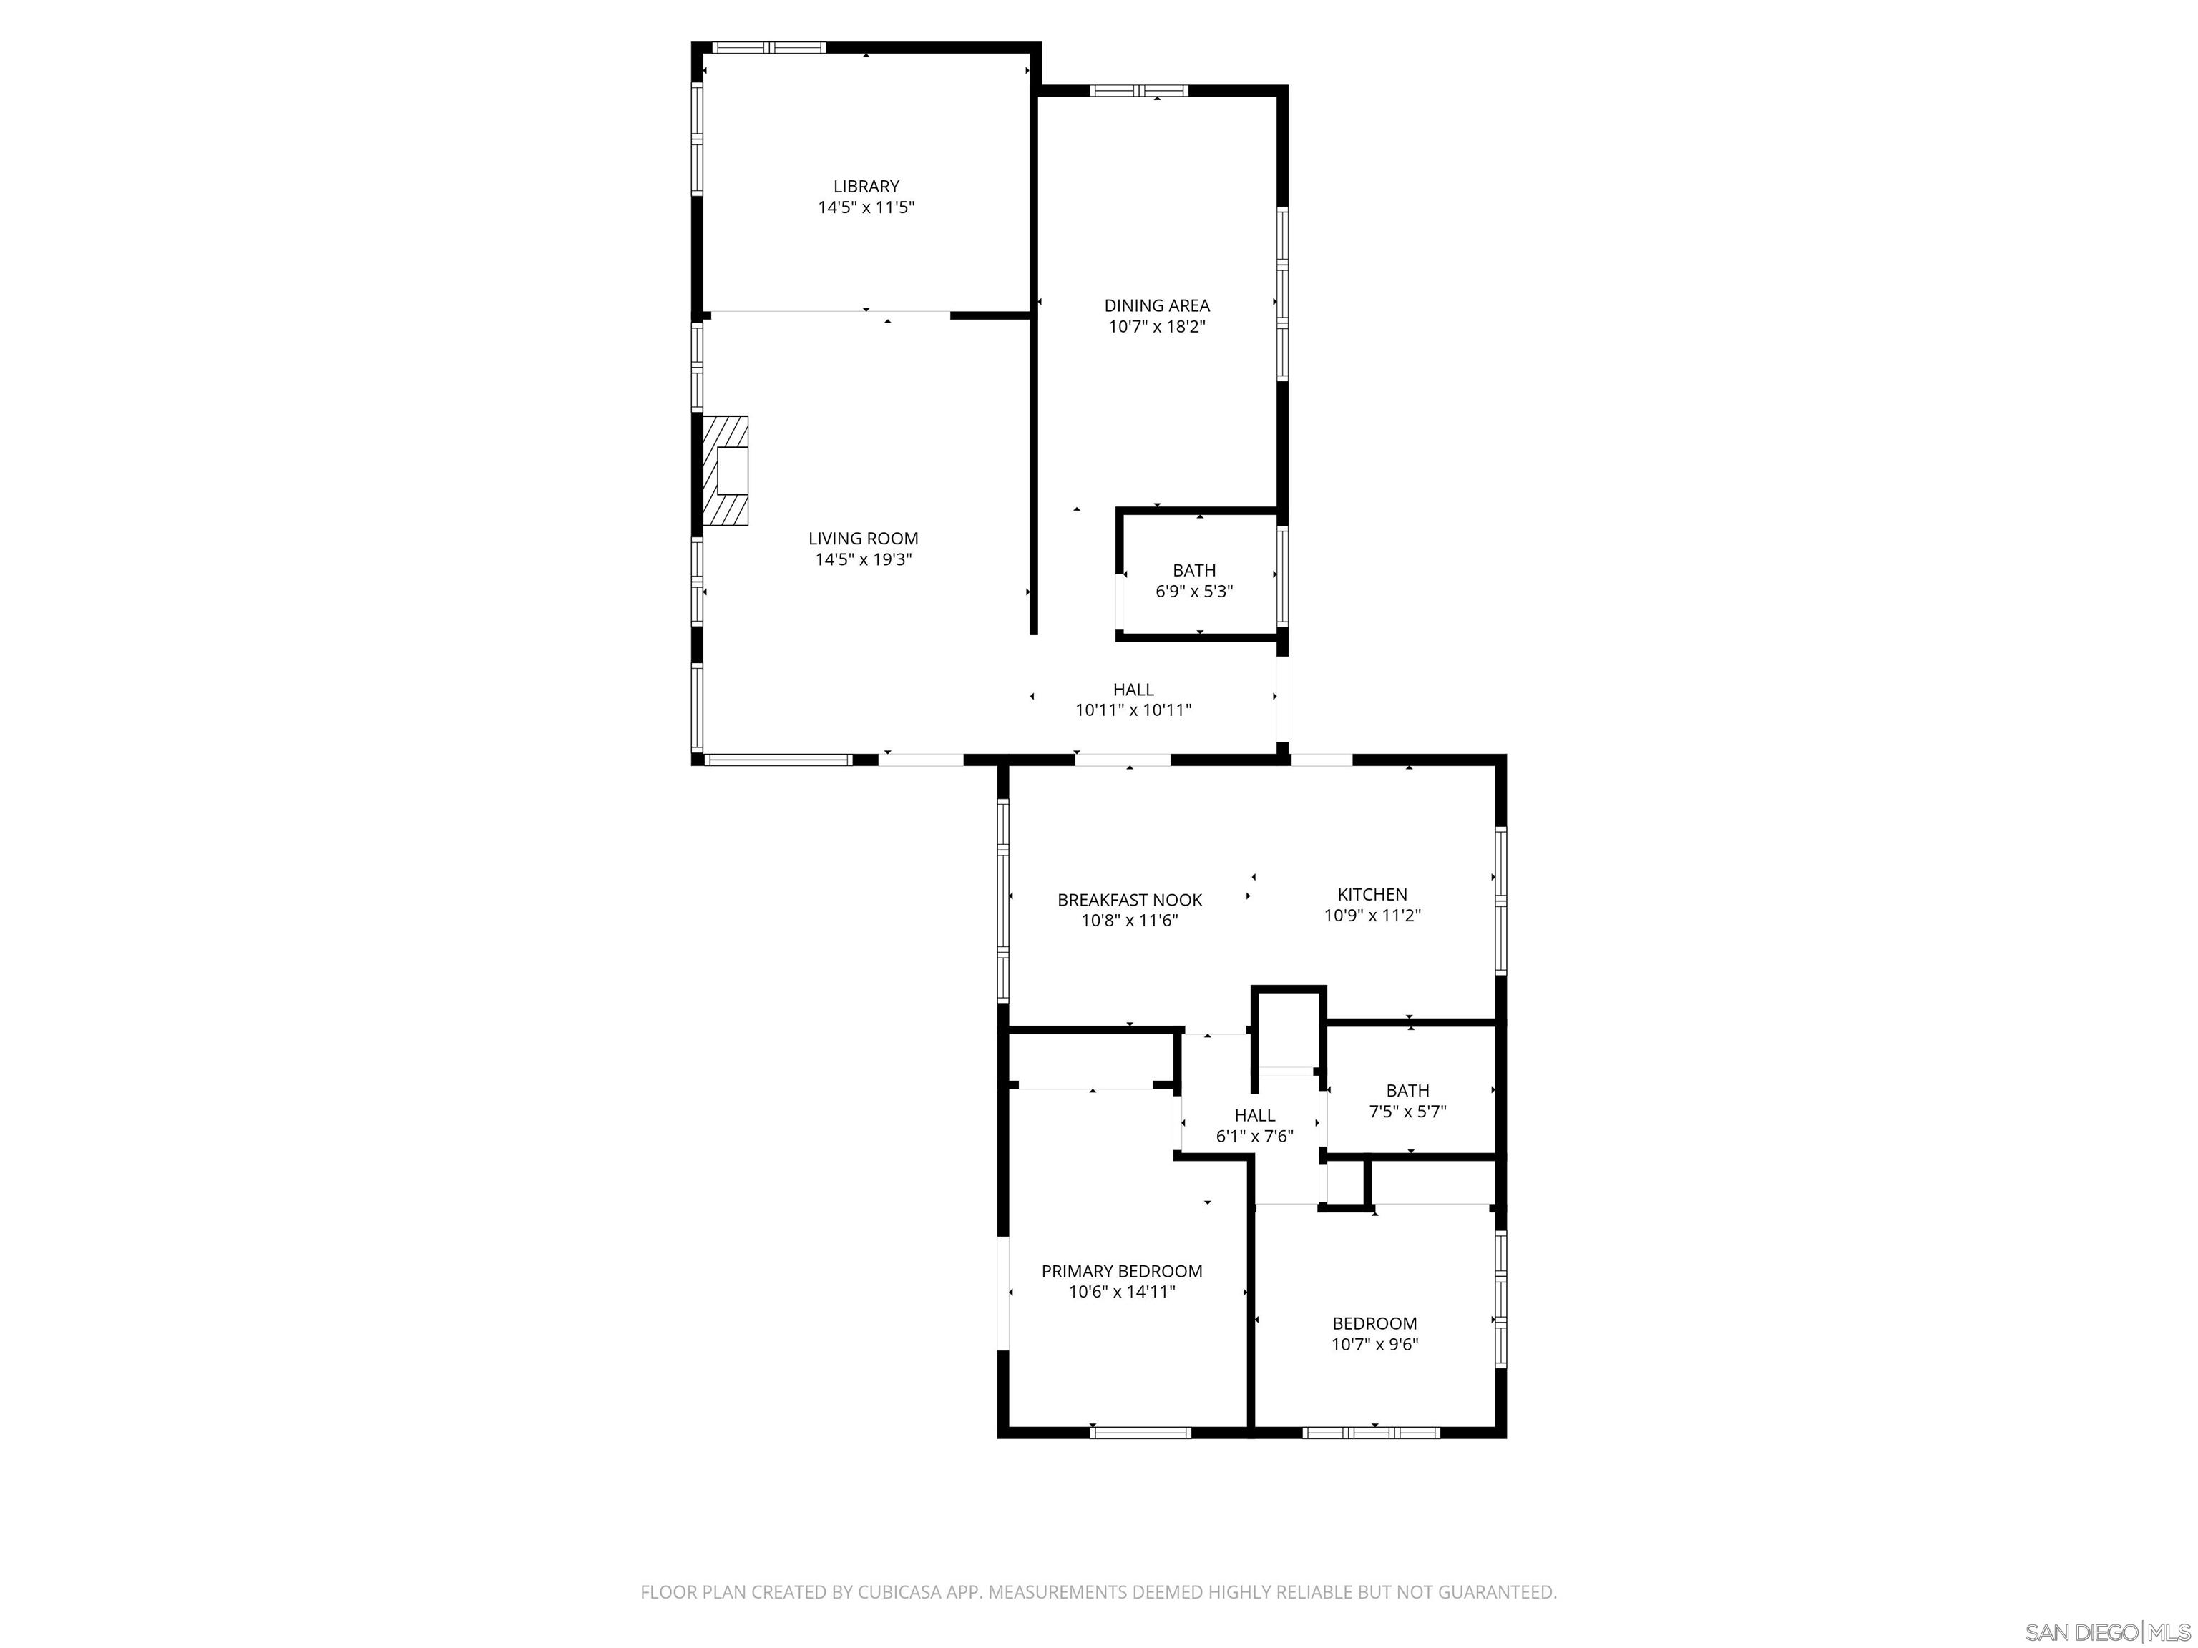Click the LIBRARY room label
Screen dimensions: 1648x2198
[x=866, y=186]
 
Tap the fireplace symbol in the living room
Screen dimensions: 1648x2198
[x=724, y=471]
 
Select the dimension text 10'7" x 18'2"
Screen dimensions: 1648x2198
[x=1157, y=327]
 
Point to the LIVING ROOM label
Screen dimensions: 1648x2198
[x=862, y=539]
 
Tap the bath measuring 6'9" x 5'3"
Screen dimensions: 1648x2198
[x=1193, y=580]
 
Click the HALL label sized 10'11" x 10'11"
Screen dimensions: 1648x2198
[x=1133, y=690]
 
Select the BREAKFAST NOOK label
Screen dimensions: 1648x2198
[x=1129, y=900]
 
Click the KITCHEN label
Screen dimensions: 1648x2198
[x=1372, y=894]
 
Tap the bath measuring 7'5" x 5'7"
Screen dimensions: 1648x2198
[x=1407, y=1101]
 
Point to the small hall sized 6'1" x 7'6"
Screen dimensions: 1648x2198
[x=1254, y=1124]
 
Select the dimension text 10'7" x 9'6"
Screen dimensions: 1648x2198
[x=1374, y=1345]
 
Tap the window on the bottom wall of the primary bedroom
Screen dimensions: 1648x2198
[x=1140, y=1433]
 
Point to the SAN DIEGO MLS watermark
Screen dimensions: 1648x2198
[x=2106, y=1632]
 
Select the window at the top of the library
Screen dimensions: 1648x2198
[x=768, y=46]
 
